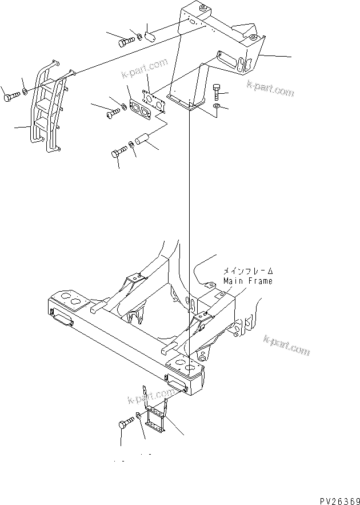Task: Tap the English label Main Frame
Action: click(x=247, y=281)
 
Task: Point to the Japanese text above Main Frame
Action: click(x=247, y=272)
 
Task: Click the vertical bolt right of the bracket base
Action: click(x=216, y=91)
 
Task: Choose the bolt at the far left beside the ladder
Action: click(x=11, y=97)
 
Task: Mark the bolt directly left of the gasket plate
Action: click(x=111, y=113)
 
